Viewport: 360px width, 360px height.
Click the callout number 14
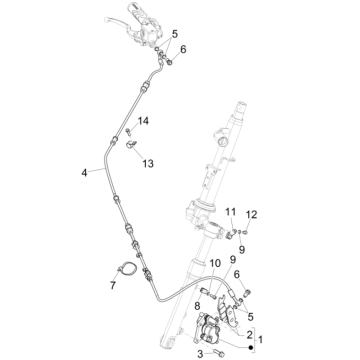tap(143, 121)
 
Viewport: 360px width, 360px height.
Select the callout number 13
tap(147, 162)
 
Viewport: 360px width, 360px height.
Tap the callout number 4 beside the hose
tap(84, 172)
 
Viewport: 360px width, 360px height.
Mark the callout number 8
tap(198, 308)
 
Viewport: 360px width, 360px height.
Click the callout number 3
tap(198, 354)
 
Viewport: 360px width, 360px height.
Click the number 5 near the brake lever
tap(175, 33)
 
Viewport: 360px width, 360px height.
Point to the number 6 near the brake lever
tap(182, 48)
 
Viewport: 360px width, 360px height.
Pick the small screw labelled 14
tap(129, 131)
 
